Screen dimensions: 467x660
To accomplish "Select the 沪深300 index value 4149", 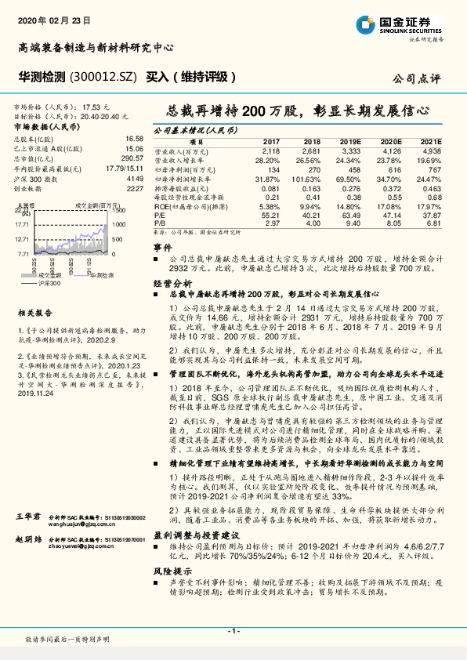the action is tap(135, 179).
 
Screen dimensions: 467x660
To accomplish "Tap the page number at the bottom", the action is tap(233, 631).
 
